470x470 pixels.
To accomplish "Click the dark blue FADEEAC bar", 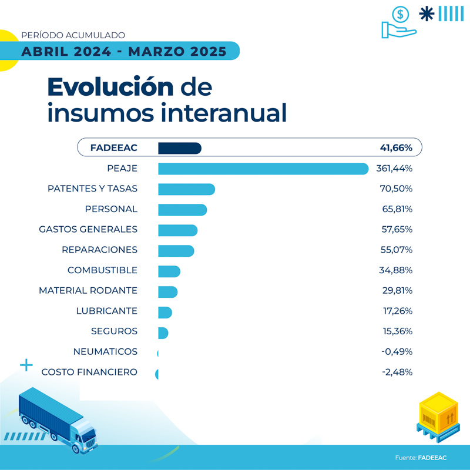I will [180, 148].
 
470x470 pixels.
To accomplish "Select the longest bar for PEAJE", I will [263, 169].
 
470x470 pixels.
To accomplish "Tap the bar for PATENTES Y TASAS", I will [186, 189].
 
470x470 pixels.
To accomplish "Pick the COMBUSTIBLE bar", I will [169, 271].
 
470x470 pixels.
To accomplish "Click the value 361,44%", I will [394, 169].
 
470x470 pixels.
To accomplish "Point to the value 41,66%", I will [396, 148].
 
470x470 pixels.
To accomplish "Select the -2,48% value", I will [397, 372].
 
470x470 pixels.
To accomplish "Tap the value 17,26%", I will [397, 311].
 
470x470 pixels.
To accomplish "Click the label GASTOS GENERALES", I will [88, 229].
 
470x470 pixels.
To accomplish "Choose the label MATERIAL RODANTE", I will [88, 290].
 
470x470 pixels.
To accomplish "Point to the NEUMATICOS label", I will [105, 351].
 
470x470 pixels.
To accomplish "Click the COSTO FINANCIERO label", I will [89, 372].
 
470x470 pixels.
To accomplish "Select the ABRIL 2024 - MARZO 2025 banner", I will [124, 51].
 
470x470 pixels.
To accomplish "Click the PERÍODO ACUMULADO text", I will [73, 35].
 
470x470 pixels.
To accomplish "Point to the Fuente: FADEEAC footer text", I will [420, 458].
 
